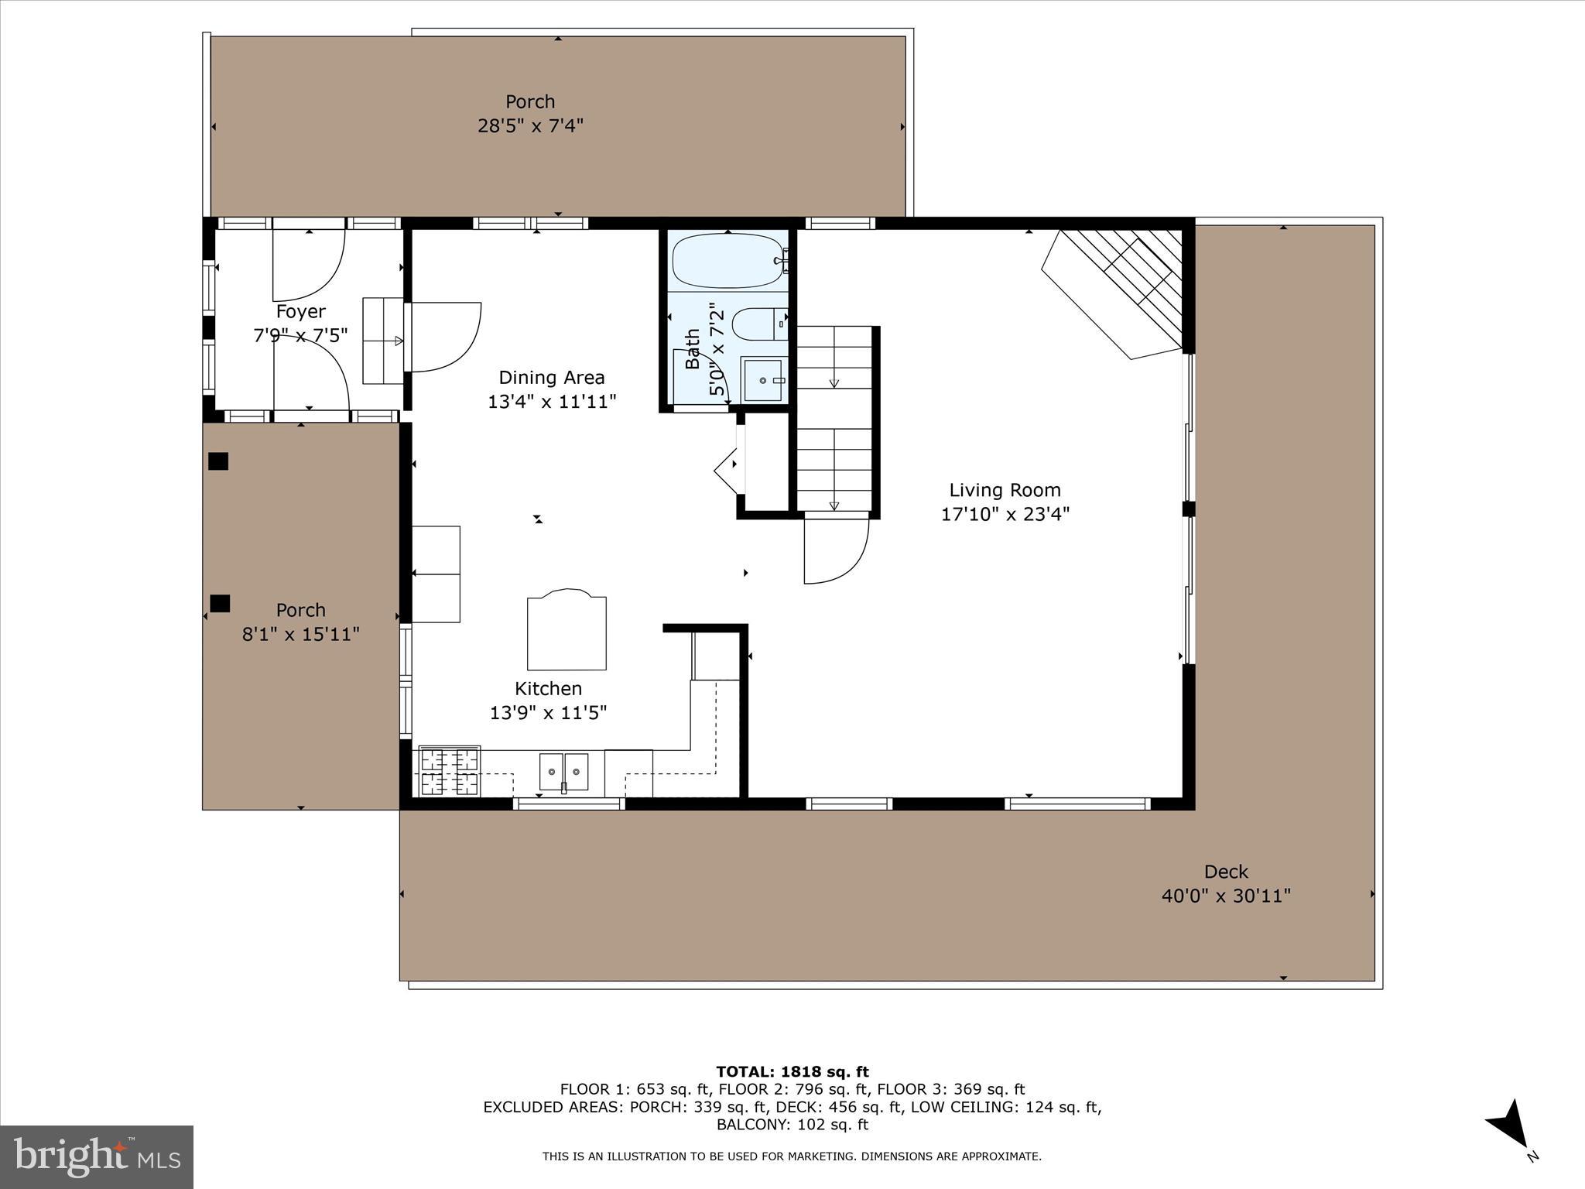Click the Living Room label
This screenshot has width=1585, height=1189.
click(x=1005, y=490)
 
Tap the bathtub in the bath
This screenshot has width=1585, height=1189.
click(x=727, y=261)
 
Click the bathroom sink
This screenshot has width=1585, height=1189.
click(x=762, y=380)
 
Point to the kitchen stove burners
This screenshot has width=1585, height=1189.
click(x=449, y=771)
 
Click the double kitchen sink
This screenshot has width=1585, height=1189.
click(x=563, y=771)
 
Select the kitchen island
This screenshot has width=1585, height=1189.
click(x=567, y=632)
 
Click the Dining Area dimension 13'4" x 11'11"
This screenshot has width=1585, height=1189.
click(x=551, y=402)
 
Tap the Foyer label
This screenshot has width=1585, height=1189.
click(x=300, y=311)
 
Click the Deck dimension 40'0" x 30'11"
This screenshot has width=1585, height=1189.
click(x=1226, y=896)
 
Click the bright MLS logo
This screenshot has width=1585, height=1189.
click(x=97, y=1156)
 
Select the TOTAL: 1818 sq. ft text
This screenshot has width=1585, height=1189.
click(x=792, y=1072)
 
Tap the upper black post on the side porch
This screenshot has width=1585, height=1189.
click(x=218, y=461)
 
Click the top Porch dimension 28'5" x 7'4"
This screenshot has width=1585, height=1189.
click(x=530, y=125)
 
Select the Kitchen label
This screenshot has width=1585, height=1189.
click(x=548, y=688)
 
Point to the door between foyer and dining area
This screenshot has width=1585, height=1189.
click(x=443, y=337)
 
